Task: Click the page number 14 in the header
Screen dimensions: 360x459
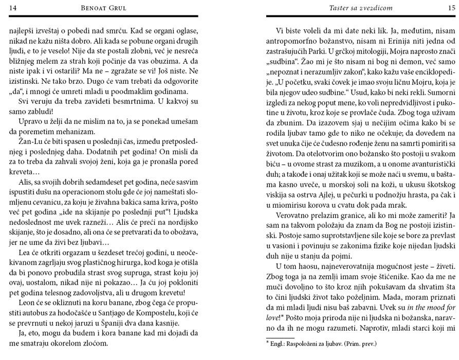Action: (13, 7)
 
